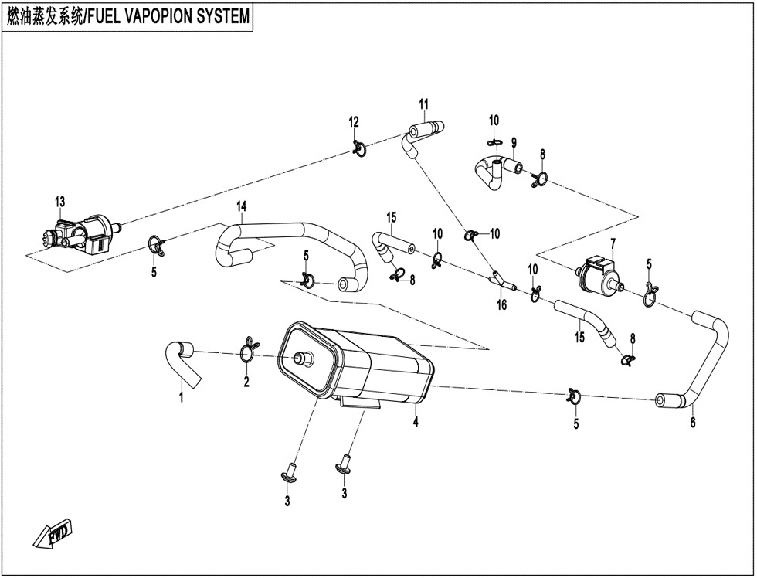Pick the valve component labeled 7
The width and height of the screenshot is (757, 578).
coord(599,274)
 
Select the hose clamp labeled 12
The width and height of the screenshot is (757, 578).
coord(358,146)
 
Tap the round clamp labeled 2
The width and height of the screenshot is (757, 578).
coord(247,352)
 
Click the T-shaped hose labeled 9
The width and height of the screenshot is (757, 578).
coord(495,168)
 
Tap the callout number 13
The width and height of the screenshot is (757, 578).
coord(60,202)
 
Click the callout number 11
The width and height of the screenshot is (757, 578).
coord(424,104)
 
